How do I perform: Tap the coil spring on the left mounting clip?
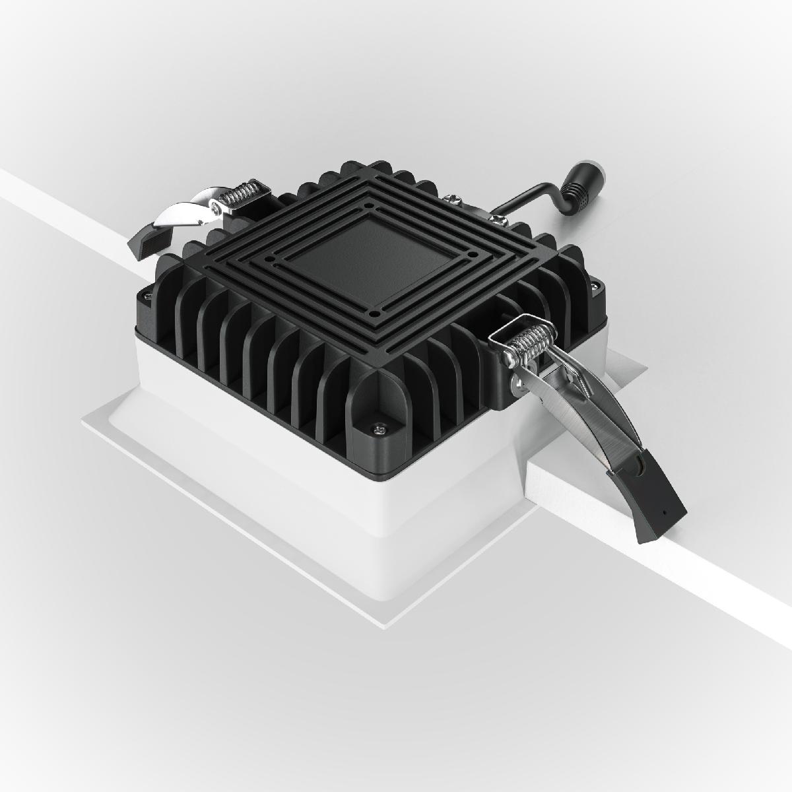(240, 195)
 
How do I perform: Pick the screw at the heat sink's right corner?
(595, 286)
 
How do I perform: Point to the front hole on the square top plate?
(374, 313)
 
